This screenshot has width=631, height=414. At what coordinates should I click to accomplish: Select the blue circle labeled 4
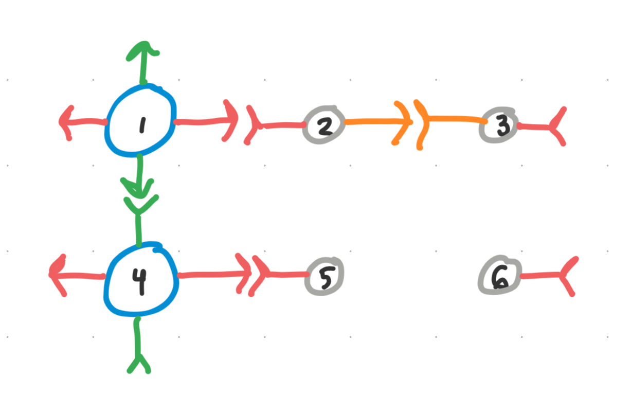(140, 279)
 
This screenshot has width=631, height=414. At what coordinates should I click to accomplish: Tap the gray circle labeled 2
(324, 125)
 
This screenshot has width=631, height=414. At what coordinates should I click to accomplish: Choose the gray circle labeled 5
(324, 276)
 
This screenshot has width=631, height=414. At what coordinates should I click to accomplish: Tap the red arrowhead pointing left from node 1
(66, 123)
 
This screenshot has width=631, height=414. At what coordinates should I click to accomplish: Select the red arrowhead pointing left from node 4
(57, 275)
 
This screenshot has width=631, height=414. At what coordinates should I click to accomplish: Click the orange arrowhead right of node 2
(404, 122)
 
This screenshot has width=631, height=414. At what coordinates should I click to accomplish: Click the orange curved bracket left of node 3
(422, 123)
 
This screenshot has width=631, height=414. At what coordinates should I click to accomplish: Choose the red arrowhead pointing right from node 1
(230, 121)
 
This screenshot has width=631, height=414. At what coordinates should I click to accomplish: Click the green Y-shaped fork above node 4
(138, 206)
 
